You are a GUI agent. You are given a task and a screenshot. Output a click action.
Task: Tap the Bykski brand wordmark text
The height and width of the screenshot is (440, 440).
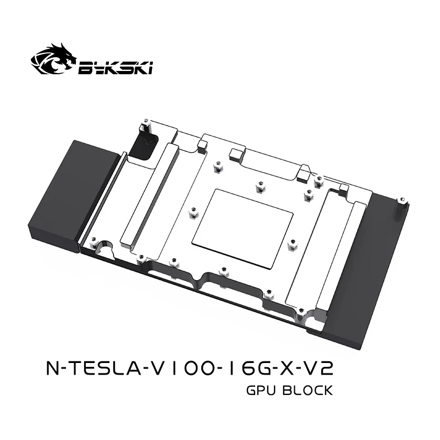point(117,68)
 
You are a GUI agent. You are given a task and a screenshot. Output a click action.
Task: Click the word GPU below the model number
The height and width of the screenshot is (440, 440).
point(260,391)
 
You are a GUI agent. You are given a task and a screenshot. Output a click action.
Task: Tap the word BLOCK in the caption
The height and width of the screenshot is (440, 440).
point(307,391)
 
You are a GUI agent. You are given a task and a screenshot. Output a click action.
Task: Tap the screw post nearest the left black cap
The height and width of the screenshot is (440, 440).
point(94,241)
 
